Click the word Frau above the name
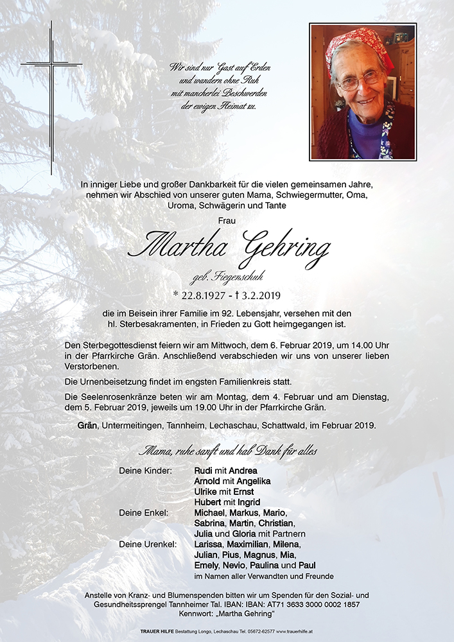227,221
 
